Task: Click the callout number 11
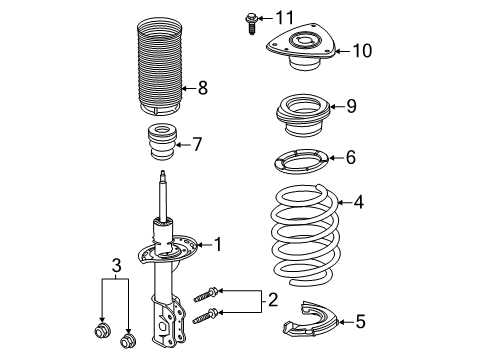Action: tap(286, 17)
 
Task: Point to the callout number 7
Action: tap(196, 144)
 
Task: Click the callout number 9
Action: tap(350, 106)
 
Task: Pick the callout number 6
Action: tap(350, 157)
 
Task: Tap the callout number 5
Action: tap(360, 321)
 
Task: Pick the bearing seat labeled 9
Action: tap(297, 108)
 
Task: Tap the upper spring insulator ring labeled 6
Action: tap(297, 159)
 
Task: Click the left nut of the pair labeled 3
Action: tap(101, 331)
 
